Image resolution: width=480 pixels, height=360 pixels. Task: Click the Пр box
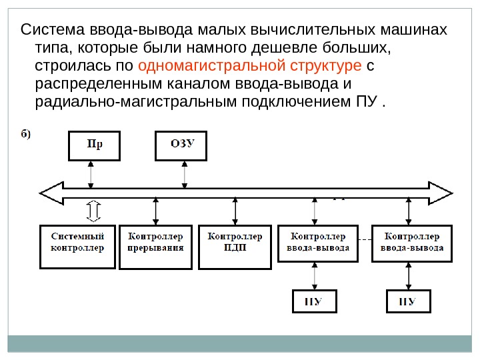[95, 146]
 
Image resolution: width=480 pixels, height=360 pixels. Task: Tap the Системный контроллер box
[77, 246]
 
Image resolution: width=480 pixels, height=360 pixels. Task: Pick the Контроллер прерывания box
[155, 246]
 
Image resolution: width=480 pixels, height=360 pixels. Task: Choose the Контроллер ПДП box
[235, 246]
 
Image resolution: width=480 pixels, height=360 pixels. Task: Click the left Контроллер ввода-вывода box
[317, 246]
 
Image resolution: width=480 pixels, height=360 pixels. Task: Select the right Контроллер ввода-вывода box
[411, 246]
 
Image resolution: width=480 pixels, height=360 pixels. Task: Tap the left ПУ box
[315, 301]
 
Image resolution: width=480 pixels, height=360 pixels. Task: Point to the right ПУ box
[409, 301]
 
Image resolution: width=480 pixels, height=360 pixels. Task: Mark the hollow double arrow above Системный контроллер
[93, 211]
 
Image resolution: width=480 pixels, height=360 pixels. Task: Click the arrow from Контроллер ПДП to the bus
[235, 211]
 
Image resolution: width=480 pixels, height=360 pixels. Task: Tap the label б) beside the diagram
[25, 133]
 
